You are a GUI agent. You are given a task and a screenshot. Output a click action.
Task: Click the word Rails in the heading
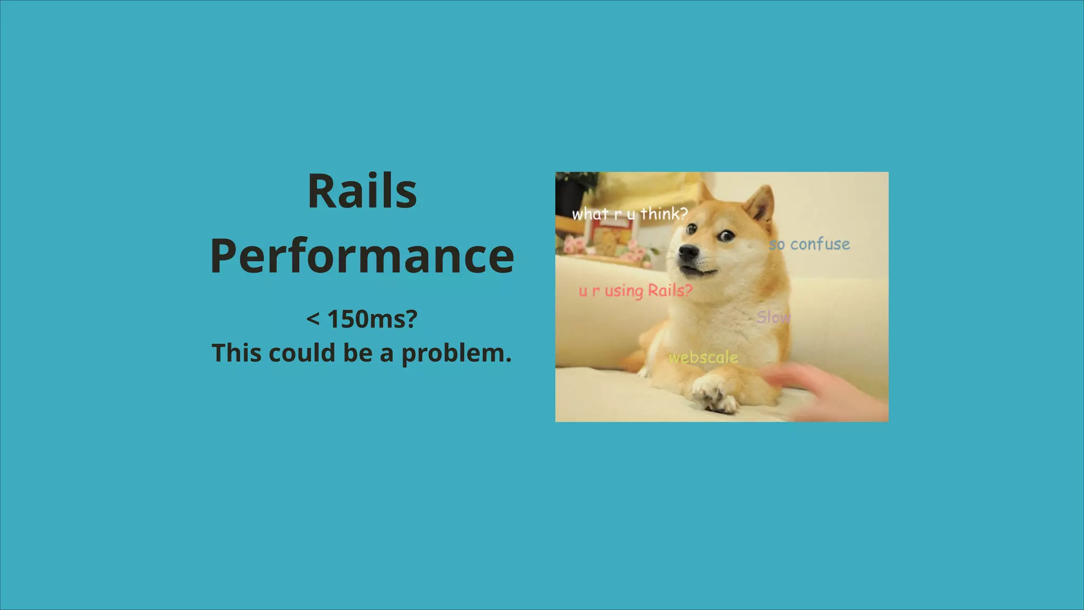point(362,192)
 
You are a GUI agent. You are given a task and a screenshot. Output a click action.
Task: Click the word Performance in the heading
point(362,257)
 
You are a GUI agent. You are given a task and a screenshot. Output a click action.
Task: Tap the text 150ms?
point(373,319)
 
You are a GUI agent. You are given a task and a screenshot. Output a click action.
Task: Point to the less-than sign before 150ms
point(313,319)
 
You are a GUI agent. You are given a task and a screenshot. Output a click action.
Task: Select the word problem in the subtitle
point(456,354)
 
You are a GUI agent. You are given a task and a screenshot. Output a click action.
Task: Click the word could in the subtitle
point(302,353)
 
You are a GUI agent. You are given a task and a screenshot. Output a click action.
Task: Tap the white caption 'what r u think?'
point(629,214)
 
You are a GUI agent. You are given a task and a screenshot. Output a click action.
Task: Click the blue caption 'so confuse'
point(809,244)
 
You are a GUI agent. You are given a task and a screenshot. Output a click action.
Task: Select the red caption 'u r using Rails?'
point(635,291)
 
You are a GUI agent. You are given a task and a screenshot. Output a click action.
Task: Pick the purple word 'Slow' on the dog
point(773,317)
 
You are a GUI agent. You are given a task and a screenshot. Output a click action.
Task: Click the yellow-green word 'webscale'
point(703,357)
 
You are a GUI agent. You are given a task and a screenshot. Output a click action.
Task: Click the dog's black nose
point(689,253)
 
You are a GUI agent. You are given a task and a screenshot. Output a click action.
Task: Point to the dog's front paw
point(715,397)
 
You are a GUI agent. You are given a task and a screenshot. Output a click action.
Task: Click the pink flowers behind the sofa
point(574,245)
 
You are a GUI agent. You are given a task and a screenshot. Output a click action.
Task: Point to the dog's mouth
point(699,272)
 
